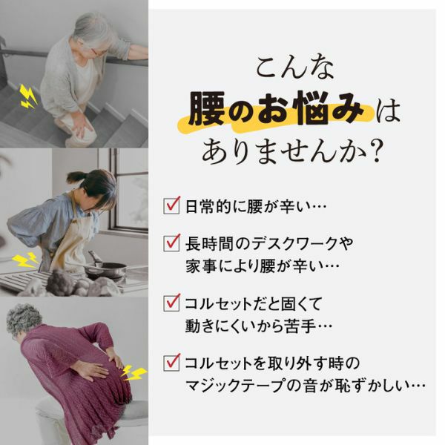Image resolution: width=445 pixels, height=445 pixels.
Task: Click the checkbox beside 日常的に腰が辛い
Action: pyautogui.click(x=172, y=203)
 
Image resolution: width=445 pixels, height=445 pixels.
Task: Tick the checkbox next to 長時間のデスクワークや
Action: pyautogui.click(x=172, y=243)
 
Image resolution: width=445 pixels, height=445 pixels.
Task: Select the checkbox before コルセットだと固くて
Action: pyautogui.click(x=172, y=303)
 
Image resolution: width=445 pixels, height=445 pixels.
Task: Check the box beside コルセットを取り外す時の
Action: pyautogui.click(x=172, y=363)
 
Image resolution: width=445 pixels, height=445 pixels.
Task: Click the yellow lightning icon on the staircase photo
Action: pyautogui.click(x=28, y=96)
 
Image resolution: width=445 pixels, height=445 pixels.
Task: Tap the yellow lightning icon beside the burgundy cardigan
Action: pyautogui.click(x=134, y=370)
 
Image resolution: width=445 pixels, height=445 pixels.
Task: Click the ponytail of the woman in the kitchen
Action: pyautogui.click(x=78, y=177)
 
